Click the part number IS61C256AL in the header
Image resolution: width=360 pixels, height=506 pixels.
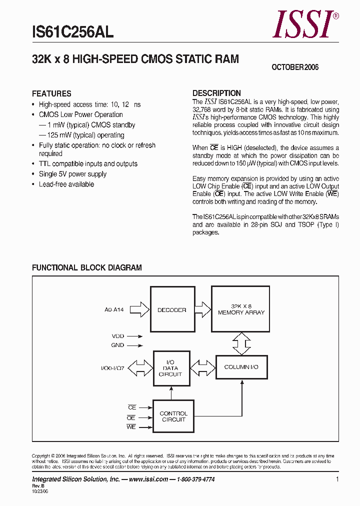pyautogui.click(x=73, y=33)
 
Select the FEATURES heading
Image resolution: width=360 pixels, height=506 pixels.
pyautogui.click(x=51, y=93)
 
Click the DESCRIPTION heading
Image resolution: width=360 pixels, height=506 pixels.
pyautogui.click(x=216, y=93)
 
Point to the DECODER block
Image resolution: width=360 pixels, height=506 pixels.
pyautogui.click(x=171, y=309)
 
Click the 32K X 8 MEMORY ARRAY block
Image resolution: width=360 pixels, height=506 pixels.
pyautogui.click(x=241, y=309)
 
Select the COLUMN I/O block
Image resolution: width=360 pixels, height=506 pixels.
pyautogui.click(x=241, y=367)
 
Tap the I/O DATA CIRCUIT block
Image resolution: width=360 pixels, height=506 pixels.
pyautogui.click(x=170, y=368)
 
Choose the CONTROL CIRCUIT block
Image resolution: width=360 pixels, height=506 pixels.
pyautogui.click(x=173, y=416)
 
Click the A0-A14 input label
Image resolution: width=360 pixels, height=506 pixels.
pyautogui.click(x=114, y=310)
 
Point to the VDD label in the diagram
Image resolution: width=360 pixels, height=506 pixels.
pyautogui.click(x=118, y=336)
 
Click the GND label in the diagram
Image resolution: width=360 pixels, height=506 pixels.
pyautogui.click(x=118, y=345)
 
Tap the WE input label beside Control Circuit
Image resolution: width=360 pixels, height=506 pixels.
pyautogui.click(x=131, y=427)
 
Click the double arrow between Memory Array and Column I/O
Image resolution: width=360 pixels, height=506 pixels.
pyautogui.click(x=241, y=343)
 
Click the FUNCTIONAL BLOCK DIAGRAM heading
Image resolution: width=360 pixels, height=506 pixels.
pyautogui.click(x=86, y=267)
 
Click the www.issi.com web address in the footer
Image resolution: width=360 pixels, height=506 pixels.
pyautogui.click(x=148, y=479)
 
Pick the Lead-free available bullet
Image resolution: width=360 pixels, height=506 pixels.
pyautogui.click(x=66, y=184)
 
